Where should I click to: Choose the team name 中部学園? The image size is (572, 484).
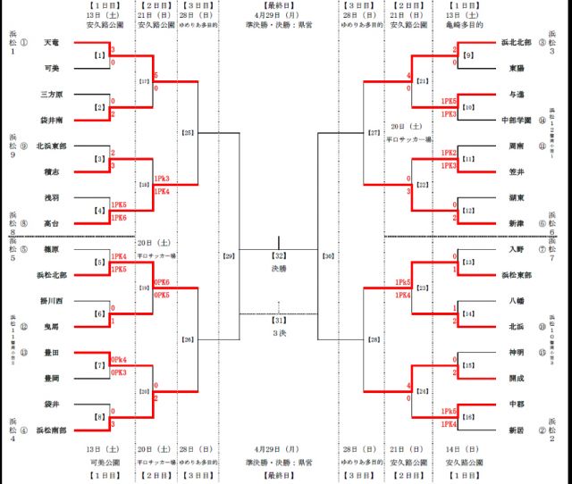click(x=517, y=119)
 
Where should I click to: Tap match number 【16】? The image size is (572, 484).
click(x=467, y=417)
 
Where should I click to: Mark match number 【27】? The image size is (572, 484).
click(x=374, y=133)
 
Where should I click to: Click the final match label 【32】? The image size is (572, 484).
click(x=281, y=255)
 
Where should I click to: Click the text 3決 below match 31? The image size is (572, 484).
click(x=281, y=332)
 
